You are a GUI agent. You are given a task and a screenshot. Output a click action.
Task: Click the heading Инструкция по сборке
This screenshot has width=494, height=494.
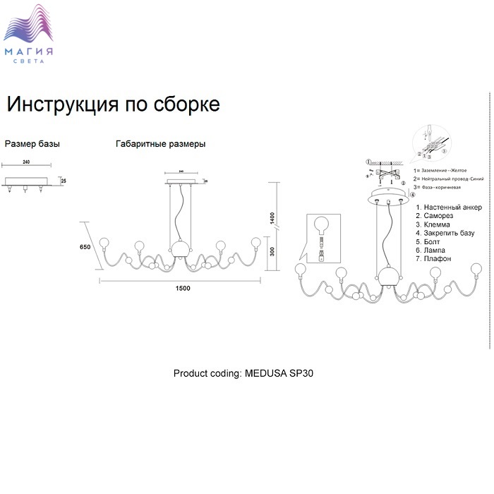[113, 104]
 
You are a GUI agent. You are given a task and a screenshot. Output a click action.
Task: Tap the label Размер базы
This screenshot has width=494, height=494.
[32, 143]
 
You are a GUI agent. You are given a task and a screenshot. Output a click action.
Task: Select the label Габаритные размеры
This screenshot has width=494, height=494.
[161, 143]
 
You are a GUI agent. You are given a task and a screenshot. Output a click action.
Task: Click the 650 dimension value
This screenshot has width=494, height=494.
[85, 247]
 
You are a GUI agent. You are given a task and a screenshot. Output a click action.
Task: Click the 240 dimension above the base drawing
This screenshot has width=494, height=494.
[26, 162]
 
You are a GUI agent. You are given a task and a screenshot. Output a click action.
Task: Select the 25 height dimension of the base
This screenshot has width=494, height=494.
[64, 181]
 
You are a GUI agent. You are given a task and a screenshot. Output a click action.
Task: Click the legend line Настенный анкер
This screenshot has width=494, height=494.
[449, 207]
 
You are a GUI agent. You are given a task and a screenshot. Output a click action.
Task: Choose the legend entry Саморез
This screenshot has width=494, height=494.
[435, 216]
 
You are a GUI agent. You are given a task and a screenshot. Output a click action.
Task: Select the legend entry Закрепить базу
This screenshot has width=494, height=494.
[445, 233]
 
